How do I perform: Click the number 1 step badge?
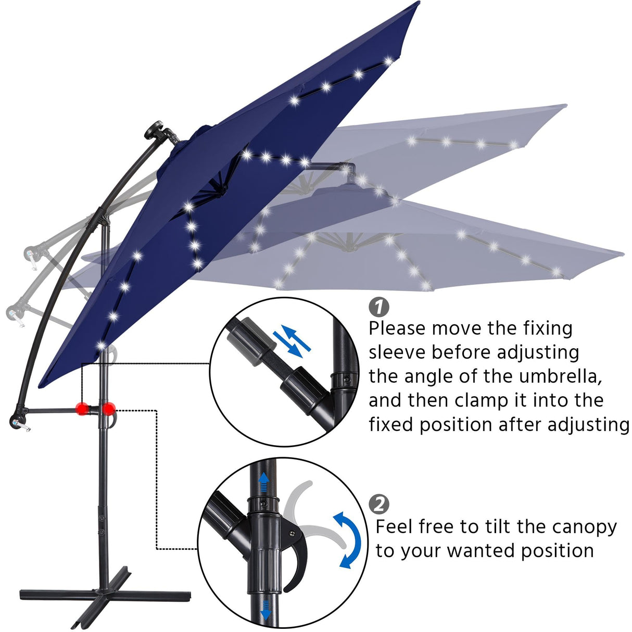pyautogui.click(x=378, y=307)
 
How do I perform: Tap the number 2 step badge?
pyautogui.click(x=378, y=504)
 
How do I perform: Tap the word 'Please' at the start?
pyautogui.click(x=397, y=329)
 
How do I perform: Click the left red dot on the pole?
pyautogui.click(x=81, y=409)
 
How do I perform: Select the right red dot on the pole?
pyautogui.click(x=108, y=409)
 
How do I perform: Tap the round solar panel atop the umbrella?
pyautogui.click(x=156, y=130)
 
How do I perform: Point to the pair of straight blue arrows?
pyautogui.click(x=293, y=340)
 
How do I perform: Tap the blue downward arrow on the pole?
pyautogui.click(x=266, y=609)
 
